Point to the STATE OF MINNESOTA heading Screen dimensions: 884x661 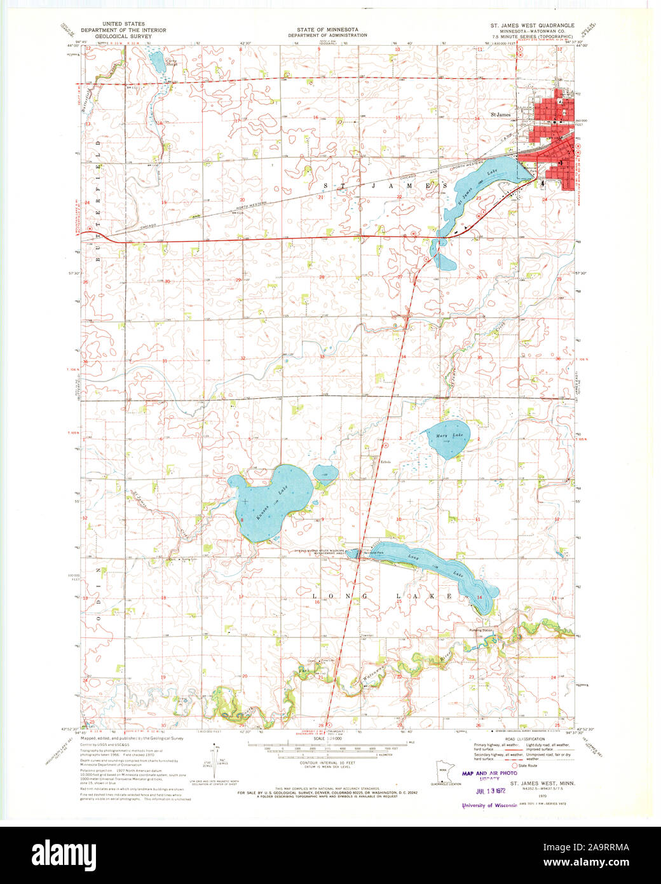pos(327,30)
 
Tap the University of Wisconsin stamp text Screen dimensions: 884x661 pos(489,805)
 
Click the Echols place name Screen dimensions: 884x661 pos(385,462)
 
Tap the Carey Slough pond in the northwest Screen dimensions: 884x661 pos(156,62)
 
